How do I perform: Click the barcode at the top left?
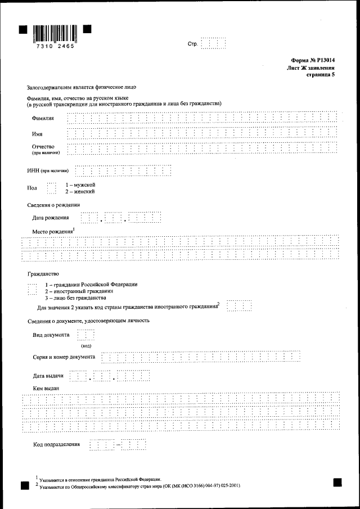click(x=55, y=33)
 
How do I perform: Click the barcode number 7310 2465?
click(x=55, y=47)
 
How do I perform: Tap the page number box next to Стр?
click(x=213, y=43)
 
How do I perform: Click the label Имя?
click(x=37, y=134)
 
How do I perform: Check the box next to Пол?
click(x=52, y=188)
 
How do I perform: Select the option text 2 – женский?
click(x=80, y=191)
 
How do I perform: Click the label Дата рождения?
click(x=51, y=217)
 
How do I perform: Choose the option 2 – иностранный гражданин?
click(x=79, y=291)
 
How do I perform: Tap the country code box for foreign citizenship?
click(x=239, y=306)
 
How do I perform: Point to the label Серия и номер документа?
click(x=64, y=357)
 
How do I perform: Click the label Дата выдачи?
click(x=48, y=376)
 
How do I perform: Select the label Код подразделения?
click(x=57, y=444)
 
